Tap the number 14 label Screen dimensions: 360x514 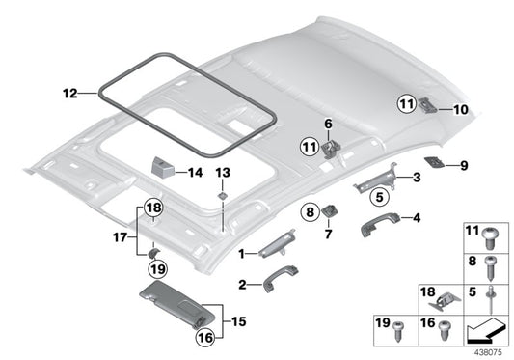point(195,174)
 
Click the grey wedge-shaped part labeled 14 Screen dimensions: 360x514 point(162,166)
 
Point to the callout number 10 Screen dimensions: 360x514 point(460,110)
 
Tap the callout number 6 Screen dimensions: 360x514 point(329,124)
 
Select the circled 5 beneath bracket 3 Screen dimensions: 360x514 point(378,199)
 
